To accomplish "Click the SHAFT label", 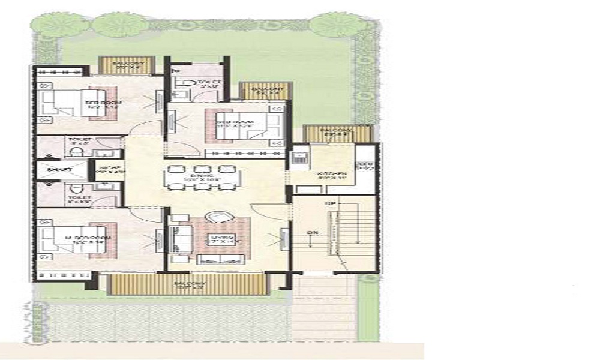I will click(61, 170).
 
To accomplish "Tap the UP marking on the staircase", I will click(329, 204).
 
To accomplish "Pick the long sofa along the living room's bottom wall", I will click(221, 259).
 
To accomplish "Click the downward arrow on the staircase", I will click(310, 243).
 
